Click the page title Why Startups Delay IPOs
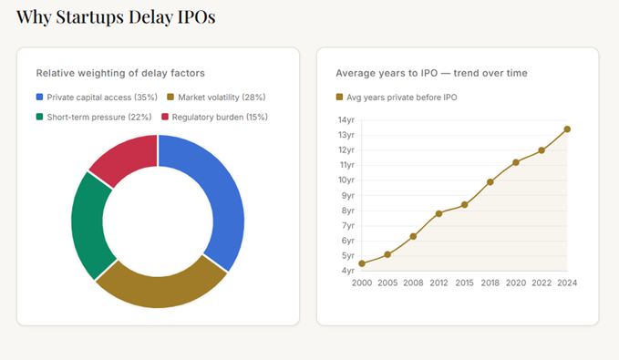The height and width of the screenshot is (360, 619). point(117,16)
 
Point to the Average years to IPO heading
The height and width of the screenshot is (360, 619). point(431,72)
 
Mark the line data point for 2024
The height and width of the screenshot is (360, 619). point(567,129)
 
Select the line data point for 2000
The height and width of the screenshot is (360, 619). point(362,263)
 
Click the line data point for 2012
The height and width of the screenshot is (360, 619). point(438,213)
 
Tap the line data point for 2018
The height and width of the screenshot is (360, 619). point(490,181)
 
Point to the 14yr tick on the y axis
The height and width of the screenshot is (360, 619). point(346,119)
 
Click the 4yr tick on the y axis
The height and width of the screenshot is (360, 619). point(346,271)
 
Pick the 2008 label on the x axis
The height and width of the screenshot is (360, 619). point(413,283)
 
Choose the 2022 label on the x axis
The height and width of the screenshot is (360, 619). point(542,283)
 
